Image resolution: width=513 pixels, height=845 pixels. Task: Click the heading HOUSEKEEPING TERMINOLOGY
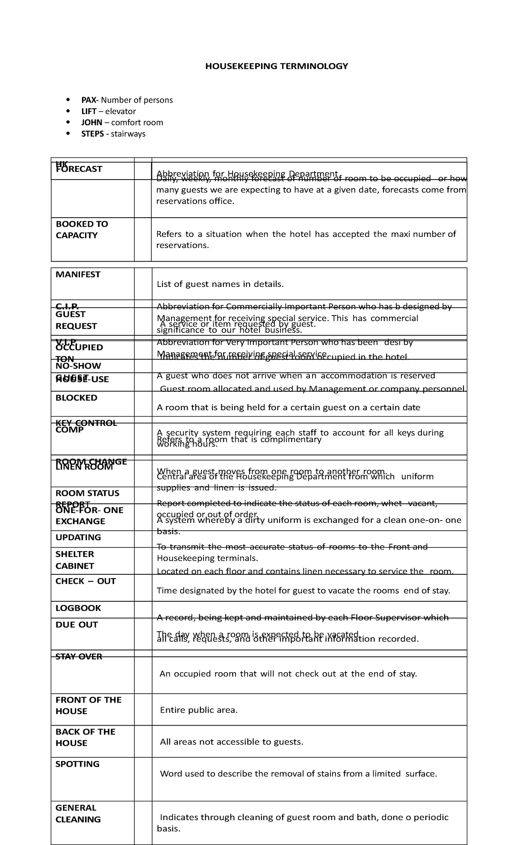(277, 66)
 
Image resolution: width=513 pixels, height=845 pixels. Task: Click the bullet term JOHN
(91, 122)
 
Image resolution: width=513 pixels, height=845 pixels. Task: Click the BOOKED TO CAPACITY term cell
(82, 230)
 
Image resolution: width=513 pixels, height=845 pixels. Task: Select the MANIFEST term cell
(78, 275)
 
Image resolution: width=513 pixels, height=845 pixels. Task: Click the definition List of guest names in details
(220, 284)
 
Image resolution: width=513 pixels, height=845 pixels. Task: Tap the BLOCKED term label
(77, 398)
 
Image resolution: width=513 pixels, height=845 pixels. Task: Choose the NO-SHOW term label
(78, 366)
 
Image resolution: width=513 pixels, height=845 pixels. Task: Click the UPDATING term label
(78, 538)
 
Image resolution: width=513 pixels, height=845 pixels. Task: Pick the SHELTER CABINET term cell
(75, 560)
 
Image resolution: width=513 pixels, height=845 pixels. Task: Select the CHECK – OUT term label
(85, 581)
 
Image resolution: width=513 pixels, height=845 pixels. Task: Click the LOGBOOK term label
(78, 608)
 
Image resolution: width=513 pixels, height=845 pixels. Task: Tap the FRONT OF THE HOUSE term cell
(88, 706)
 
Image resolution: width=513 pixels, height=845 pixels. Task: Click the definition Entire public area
(198, 710)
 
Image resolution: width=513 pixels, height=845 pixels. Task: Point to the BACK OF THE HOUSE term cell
(85, 737)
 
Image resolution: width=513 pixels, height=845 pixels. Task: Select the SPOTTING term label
(77, 764)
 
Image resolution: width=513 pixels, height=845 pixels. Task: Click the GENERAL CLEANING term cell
(78, 813)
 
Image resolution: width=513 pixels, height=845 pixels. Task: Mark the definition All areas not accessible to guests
(231, 742)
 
